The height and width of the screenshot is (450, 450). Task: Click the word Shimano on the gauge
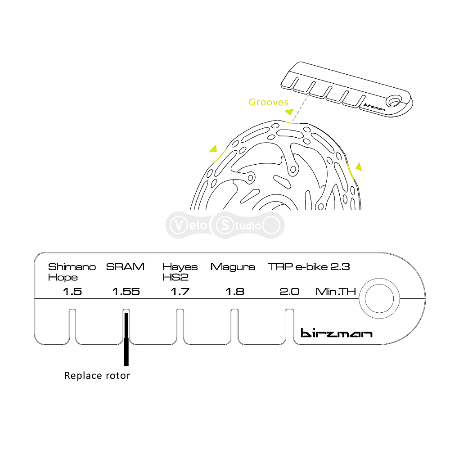(72, 267)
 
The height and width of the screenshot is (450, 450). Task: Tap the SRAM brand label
(125, 267)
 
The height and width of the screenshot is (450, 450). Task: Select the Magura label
(233, 267)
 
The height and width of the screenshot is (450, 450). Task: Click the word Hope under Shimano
(63, 278)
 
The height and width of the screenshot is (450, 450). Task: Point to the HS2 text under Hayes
(175, 277)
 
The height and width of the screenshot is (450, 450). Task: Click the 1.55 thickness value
(126, 292)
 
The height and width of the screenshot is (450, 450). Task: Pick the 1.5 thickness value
(72, 292)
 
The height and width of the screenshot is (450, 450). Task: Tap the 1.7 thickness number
(180, 292)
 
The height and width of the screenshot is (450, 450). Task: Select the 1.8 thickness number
(235, 292)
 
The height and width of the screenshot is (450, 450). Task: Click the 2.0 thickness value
(289, 292)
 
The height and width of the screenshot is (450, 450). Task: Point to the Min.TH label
(336, 292)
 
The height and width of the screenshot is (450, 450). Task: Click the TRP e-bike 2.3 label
(309, 267)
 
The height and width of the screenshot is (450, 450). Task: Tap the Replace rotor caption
(97, 376)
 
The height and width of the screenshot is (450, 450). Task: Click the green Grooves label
(269, 102)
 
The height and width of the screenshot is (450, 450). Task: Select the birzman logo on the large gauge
(336, 333)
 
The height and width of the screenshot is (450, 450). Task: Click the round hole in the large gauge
(379, 298)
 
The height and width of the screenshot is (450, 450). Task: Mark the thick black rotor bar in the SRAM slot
(126, 339)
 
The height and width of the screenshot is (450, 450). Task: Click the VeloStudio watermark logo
(225, 225)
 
